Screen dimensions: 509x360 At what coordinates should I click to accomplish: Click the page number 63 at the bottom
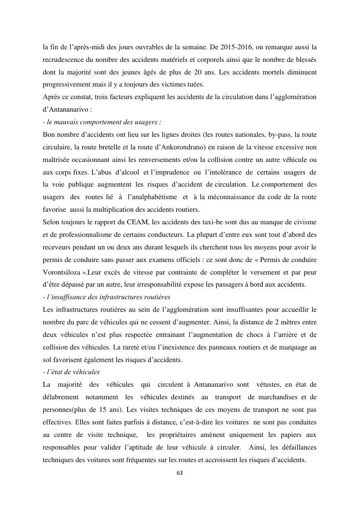[180, 472]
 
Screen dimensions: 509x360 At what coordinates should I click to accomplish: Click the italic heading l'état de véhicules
[72, 372]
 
